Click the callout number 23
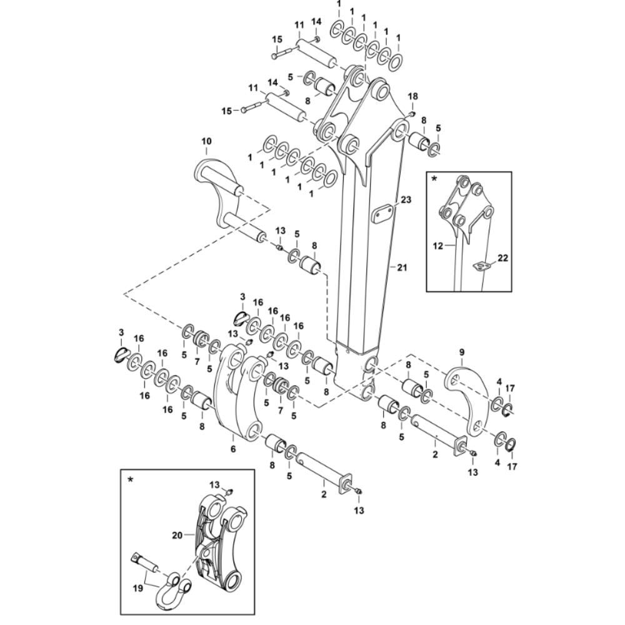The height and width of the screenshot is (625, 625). click(406, 201)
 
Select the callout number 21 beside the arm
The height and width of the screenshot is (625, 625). click(401, 267)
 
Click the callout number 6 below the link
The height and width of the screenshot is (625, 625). click(232, 448)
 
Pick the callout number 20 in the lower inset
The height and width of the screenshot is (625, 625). click(176, 535)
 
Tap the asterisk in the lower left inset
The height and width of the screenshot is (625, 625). click(130, 479)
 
